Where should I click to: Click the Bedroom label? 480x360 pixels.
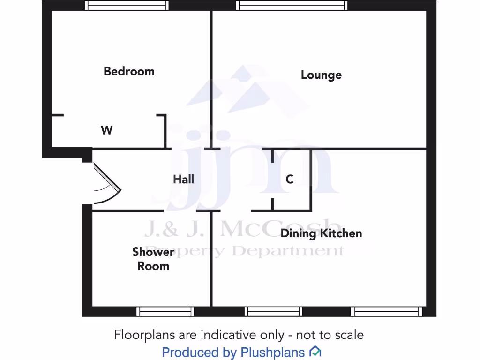[x=129, y=71]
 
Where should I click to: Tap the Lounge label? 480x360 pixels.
[x=321, y=75]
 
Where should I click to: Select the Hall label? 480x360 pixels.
[x=183, y=179]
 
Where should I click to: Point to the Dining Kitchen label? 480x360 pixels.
[x=321, y=233]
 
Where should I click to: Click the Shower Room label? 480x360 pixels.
[x=153, y=259]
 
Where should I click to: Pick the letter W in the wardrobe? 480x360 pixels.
[x=107, y=130]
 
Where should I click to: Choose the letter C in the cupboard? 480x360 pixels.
[x=290, y=179]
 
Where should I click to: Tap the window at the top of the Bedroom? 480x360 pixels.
[x=127, y=6]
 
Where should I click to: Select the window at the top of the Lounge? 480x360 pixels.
[x=292, y=6]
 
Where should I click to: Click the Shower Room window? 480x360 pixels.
[x=165, y=311]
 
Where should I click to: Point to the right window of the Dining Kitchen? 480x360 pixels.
[x=387, y=311]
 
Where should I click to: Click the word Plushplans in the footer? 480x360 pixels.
[x=272, y=352]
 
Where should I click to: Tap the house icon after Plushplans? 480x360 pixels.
[x=315, y=352]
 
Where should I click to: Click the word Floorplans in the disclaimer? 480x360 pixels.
[x=144, y=335]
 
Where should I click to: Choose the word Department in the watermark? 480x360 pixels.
[x=288, y=250]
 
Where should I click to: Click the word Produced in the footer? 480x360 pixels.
[x=190, y=352]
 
